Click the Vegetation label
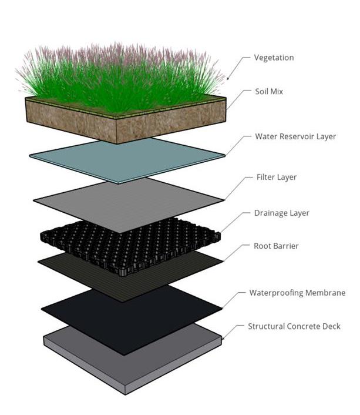(x=274, y=58)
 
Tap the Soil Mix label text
(x=269, y=91)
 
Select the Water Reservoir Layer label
(x=295, y=136)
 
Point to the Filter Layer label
(x=277, y=177)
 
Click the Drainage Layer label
(x=282, y=213)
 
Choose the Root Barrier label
(x=276, y=246)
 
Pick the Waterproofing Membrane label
(x=297, y=293)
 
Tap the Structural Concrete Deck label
(x=294, y=326)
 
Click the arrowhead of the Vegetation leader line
(x=228, y=78)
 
